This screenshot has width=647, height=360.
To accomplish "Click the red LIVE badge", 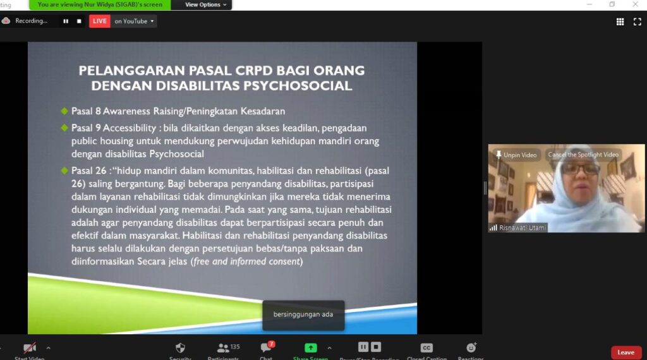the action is click(x=99, y=21).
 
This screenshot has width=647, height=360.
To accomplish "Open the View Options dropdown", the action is click(x=205, y=4).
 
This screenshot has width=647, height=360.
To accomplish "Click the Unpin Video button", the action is click(x=517, y=155).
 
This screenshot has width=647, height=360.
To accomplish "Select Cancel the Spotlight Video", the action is click(x=583, y=155).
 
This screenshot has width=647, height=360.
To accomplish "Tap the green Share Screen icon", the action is click(x=310, y=348).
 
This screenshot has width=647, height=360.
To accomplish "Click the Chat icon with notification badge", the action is click(x=266, y=347).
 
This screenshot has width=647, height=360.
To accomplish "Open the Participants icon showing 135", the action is click(x=223, y=348).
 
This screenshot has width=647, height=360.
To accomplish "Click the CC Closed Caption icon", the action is click(x=426, y=348).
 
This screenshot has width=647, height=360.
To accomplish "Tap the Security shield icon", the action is click(x=180, y=348).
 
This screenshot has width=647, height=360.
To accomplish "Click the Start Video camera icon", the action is click(x=29, y=348).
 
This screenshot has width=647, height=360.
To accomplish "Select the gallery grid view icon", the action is click(x=620, y=22).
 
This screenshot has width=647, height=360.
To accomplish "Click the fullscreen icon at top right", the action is click(x=637, y=22).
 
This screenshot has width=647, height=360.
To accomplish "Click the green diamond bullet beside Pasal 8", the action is click(x=64, y=111).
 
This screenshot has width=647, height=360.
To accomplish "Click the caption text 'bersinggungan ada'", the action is click(x=303, y=315).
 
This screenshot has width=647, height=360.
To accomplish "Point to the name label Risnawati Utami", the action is click(x=522, y=227).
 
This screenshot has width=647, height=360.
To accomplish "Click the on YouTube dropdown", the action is click(x=134, y=21).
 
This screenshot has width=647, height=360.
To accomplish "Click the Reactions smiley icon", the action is click(x=471, y=347).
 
